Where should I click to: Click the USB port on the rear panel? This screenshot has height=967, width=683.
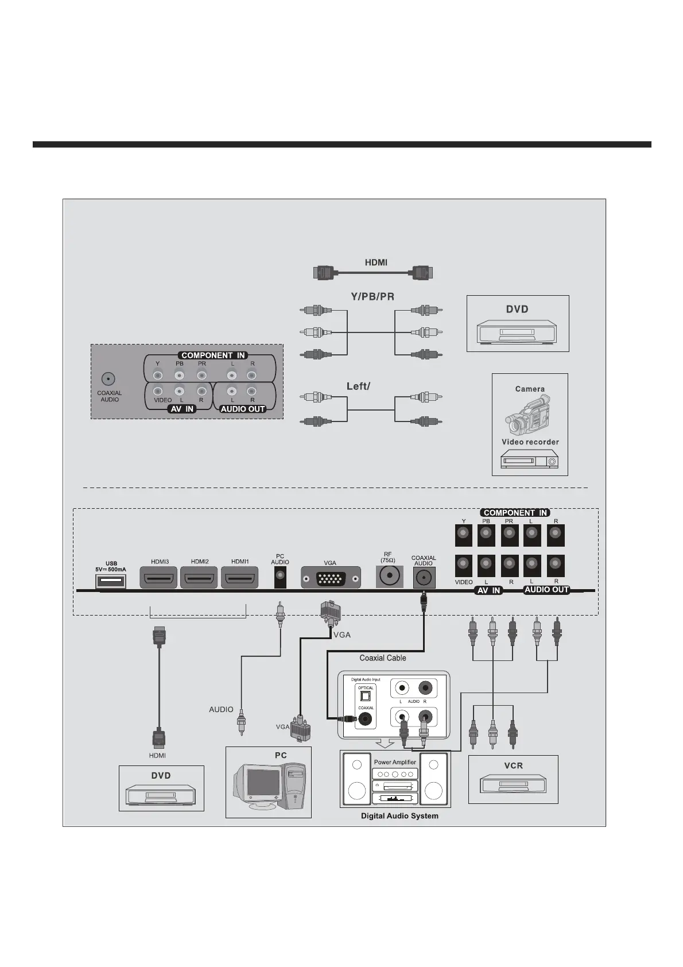(x=110, y=581)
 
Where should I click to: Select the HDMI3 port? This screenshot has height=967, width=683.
(x=158, y=578)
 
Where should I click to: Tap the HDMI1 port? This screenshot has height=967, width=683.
(x=239, y=578)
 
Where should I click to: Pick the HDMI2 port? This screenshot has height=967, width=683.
(x=199, y=578)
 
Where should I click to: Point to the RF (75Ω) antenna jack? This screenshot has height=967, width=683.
(x=389, y=575)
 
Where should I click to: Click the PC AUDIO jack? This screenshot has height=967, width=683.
(x=280, y=577)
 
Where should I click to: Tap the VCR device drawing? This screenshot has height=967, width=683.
(x=513, y=783)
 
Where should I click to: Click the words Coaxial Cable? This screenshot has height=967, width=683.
(x=382, y=658)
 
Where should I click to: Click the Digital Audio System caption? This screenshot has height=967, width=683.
(x=399, y=816)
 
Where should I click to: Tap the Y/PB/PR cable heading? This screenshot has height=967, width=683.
(x=372, y=297)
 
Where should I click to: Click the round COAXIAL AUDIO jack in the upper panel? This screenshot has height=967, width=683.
(x=108, y=379)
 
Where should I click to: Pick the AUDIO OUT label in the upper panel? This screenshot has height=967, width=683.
(x=243, y=409)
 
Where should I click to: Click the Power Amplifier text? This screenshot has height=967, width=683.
(x=395, y=762)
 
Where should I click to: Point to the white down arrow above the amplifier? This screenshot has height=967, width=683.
(x=385, y=744)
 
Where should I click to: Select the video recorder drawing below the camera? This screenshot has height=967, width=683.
(x=529, y=459)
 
